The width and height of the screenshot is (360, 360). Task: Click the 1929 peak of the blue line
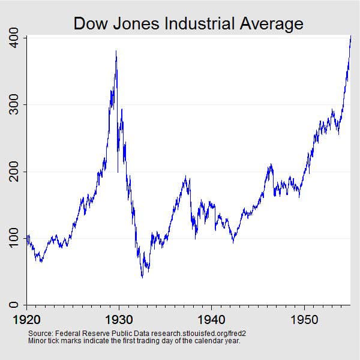tap(116, 52)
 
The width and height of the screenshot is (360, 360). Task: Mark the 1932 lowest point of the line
tap(142, 277)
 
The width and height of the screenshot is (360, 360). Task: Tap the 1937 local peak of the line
tap(186, 176)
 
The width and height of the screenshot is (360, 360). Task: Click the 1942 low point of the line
tap(233, 242)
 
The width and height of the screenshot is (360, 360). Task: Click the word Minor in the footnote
tap(38, 340)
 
